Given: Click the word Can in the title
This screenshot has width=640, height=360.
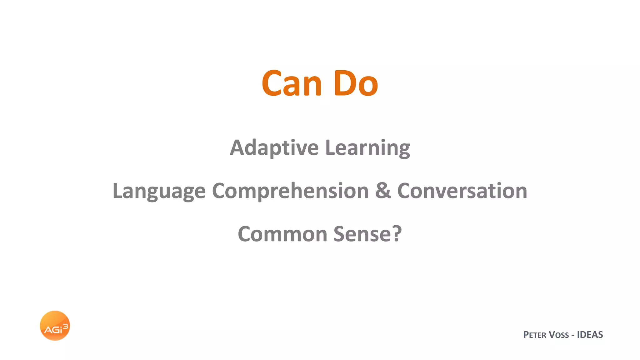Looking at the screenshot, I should pos(292,83).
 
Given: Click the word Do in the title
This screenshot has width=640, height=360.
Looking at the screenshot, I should pos(356,83).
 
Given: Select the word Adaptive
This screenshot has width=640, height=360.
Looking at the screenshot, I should pos(274,148).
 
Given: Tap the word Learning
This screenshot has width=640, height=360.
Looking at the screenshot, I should pos(367,148).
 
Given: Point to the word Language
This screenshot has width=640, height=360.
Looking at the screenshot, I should pos(159,191).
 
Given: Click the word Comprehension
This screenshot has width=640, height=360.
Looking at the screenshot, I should pos(290,191).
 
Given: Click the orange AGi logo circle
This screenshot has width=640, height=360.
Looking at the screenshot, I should pos(55,325).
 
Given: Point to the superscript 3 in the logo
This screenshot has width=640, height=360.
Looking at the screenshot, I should pos(65,326).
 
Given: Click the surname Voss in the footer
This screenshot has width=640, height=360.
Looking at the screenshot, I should pos(559,335).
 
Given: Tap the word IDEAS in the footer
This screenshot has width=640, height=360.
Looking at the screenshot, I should pos(590,335).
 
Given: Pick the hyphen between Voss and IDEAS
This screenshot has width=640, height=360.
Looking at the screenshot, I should pos(573,335).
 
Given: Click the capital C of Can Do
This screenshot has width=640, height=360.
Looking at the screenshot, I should pos(272,83).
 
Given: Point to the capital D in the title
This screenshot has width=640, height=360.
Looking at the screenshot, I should pos(343,83).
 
